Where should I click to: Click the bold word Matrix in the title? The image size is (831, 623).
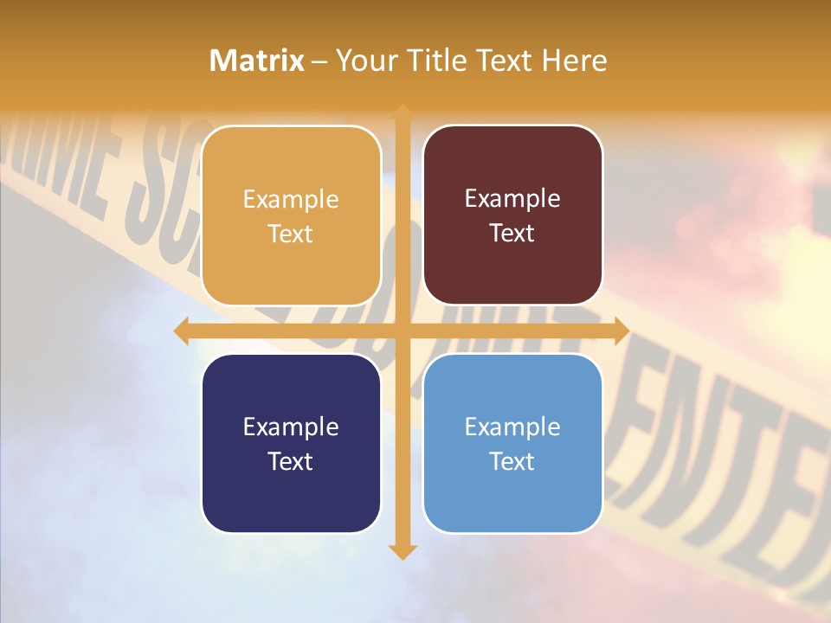coord(257,61)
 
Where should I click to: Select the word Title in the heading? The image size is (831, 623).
coord(437,61)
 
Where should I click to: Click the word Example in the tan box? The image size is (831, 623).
coord(291,199)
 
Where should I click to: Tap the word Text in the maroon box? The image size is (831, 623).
coord(512,234)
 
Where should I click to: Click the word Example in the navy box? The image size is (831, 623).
coord(291,427)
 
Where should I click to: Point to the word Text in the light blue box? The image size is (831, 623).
coord(512,461)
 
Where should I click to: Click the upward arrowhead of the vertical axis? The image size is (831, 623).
coord(402,112)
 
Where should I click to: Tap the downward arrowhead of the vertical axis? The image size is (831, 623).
coord(402,552)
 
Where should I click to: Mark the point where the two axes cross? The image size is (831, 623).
coord(402,331)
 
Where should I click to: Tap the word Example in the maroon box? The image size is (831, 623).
coord(512,199)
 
